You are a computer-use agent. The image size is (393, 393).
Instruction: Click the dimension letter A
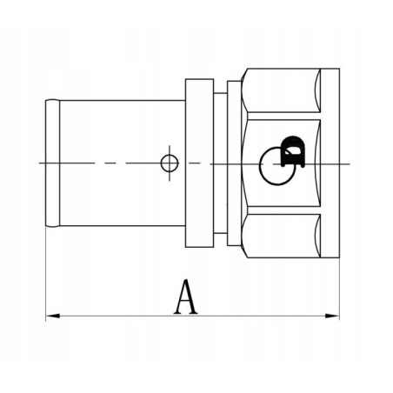coord(183,297)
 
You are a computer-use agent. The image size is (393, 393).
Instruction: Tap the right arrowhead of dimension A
coord(334,316)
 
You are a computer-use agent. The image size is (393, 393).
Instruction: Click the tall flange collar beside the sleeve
coord(199,163)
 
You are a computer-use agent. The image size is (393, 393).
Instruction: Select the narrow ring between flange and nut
coord(232,163)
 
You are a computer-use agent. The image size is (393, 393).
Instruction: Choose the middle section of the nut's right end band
coord(329,163)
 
